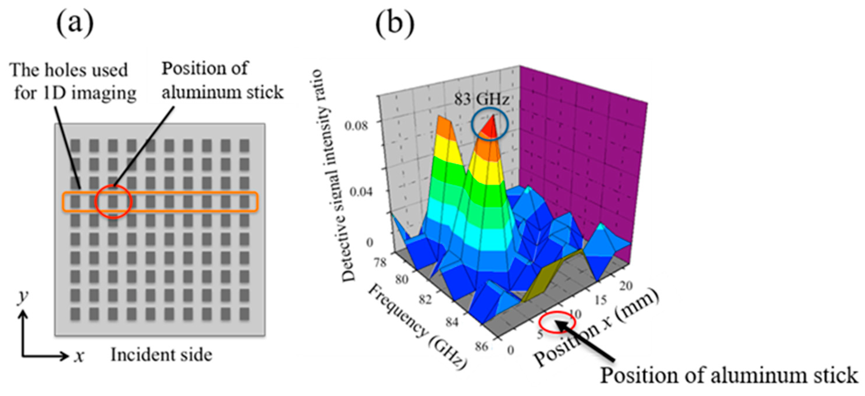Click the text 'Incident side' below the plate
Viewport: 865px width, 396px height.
(162, 355)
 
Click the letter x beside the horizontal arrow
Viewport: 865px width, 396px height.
(79, 356)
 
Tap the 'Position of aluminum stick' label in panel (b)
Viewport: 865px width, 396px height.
(729, 376)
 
